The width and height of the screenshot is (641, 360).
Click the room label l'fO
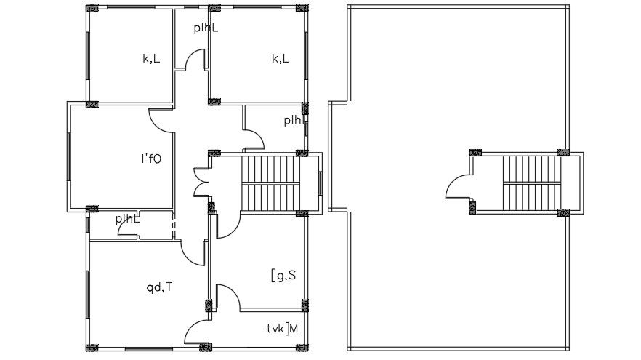[x=151, y=159]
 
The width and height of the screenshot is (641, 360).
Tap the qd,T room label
[x=159, y=287]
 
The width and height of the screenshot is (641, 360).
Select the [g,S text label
[x=283, y=276]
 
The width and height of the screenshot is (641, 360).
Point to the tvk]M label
[x=282, y=328]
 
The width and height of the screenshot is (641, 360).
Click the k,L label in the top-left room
[x=151, y=58]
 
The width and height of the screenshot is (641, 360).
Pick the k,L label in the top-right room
[x=281, y=58]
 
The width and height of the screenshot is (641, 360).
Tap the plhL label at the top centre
[x=206, y=28]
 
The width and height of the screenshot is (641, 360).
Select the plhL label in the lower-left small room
[x=127, y=219]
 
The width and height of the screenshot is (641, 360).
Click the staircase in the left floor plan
[x=270, y=183]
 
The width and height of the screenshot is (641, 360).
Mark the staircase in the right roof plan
[x=531, y=183]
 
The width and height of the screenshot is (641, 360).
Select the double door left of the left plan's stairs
[x=201, y=183]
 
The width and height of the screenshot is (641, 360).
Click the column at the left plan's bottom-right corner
[x=302, y=348]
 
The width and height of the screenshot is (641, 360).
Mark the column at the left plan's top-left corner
[x=92, y=8]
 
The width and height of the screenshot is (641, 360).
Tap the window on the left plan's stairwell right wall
[x=320, y=183]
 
